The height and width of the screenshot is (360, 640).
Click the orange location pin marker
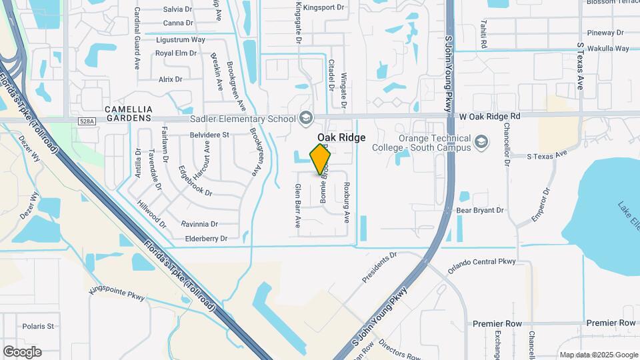click(320, 159)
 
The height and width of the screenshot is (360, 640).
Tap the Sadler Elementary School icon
click(306, 119)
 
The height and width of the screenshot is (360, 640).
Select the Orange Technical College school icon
click(481, 142)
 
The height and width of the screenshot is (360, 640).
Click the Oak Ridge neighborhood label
click(341, 137)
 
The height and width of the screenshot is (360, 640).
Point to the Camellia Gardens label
click(129, 113)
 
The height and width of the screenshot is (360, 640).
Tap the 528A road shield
click(87, 121)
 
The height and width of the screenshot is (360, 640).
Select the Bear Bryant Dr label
click(479, 211)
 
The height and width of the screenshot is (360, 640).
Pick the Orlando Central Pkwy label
click(481, 262)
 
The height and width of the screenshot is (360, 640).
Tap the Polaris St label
click(38, 326)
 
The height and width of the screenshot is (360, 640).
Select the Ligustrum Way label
click(180, 39)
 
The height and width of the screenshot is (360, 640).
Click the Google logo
click(22, 352)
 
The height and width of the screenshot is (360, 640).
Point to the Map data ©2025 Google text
click(599, 355)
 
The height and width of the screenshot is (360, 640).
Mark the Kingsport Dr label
click(323, 8)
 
